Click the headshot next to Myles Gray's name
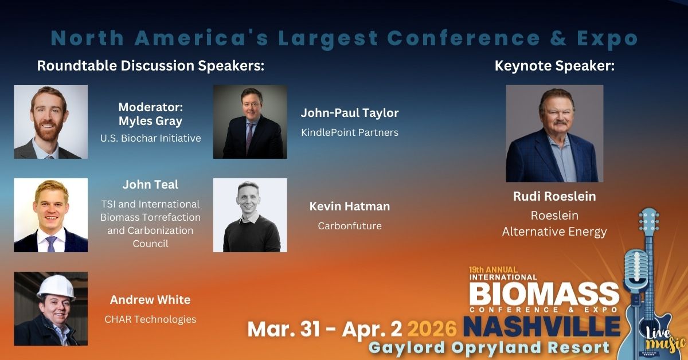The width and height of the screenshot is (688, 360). (51, 122)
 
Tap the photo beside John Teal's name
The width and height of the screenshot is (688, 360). (51, 215)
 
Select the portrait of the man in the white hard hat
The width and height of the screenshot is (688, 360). (51, 308)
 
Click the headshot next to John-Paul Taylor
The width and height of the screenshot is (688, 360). (250, 122)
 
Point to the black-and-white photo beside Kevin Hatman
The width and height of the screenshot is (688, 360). (250, 215)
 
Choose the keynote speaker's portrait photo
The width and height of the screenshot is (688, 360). (554, 133)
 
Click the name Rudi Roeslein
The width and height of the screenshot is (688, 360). (554, 197)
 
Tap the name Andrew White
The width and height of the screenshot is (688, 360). (150, 300)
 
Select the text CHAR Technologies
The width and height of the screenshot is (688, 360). (150, 319)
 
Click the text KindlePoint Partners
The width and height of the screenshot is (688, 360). (350, 132)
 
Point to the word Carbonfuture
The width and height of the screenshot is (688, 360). (350, 226)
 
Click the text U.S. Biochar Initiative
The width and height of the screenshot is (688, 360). (150, 138)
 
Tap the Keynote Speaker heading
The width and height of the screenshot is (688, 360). (554, 66)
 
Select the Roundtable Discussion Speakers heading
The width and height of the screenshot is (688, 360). (150, 66)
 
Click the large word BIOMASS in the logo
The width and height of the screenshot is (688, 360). (544, 294)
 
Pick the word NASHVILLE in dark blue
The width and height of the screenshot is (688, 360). (542, 327)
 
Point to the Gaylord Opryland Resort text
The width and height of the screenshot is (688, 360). (488, 347)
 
